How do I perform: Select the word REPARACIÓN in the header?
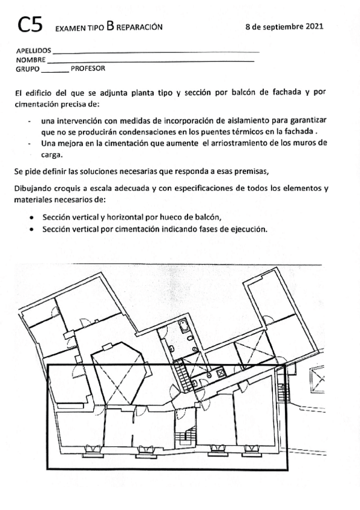pyautogui.click(x=139, y=28)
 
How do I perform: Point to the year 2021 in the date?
pyautogui.click(x=315, y=26)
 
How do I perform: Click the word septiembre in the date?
pyautogui.click(x=282, y=27)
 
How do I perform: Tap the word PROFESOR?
pyautogui.click(x=88, y=68)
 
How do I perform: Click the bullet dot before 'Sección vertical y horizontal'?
pyautogui.click(x=31, y=217)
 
